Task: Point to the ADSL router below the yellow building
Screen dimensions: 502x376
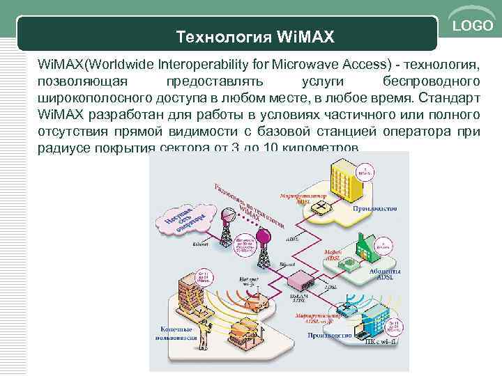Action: (321, 208)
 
